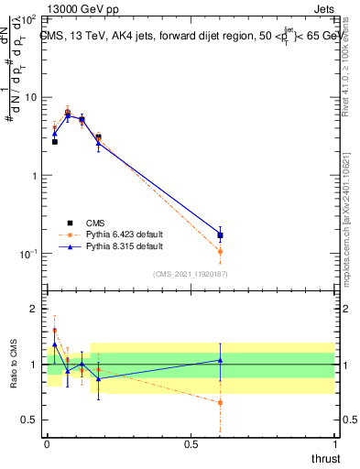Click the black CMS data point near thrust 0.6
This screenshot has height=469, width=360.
click(x=220, y=235)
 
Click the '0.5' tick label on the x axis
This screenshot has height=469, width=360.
click(x=191, y=443)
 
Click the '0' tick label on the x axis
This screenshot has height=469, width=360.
click(x=47, y=443)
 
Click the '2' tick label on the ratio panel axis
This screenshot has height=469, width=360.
click(x=35, y=309)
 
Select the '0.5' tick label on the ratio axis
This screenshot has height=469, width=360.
click(x=30, y=420)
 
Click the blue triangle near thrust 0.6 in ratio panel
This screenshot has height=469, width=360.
click(x=220, y=360)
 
